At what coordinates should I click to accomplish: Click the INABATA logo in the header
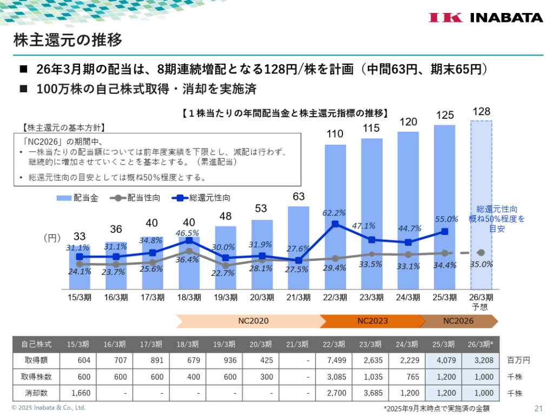pos(486,17)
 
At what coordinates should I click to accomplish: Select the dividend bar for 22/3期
pos(335,216)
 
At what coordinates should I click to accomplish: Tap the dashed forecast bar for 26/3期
pos(482,205)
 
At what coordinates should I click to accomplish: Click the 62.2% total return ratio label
pos(333,213)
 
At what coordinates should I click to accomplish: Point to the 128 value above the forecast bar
pos(482,112)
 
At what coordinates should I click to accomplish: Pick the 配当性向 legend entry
pos(135,198)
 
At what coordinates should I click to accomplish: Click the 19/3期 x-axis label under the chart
pos(226,296)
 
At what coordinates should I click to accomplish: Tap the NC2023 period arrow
pos(372,321)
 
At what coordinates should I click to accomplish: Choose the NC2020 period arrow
pos(253,321)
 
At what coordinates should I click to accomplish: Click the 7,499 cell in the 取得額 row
pos(335,359)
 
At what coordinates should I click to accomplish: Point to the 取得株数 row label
pos(37,376)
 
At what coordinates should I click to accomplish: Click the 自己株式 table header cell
pos(37,344)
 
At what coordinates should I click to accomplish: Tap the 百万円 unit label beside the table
pos(519,359)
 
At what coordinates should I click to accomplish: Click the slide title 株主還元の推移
pos(67,40)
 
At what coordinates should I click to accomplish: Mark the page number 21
pos(538,408)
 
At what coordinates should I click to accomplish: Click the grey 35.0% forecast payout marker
pos(482,253)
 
